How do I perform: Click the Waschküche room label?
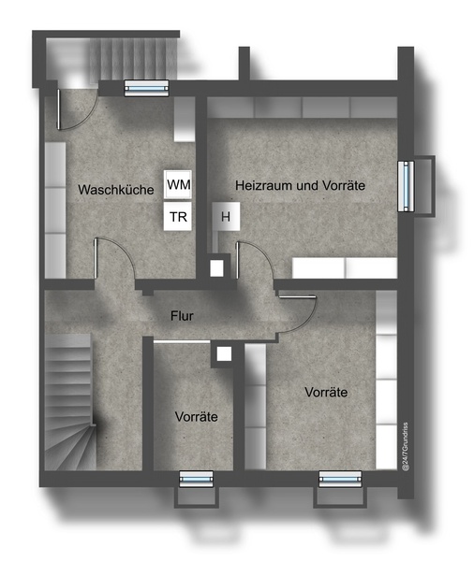click(116, 189)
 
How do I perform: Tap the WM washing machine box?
click(178, 184)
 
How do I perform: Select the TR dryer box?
click(178, 216)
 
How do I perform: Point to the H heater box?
click(226, 216)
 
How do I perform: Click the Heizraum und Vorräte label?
click(300, 185)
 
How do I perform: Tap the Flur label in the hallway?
click(182, 316)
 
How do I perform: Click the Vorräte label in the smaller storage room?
click(197, 416)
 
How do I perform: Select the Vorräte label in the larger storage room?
click(326, 392)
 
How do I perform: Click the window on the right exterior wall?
click(406, 186)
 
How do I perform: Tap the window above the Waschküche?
click(146, 88)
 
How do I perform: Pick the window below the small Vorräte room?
click(196, 479)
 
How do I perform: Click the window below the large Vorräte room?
click(340, 479)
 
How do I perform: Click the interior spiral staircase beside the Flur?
click(70, 402)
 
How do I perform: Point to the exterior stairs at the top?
click(133, 59)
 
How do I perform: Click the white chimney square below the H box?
click(216, 268)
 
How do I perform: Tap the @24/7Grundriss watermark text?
click(406, 447)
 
